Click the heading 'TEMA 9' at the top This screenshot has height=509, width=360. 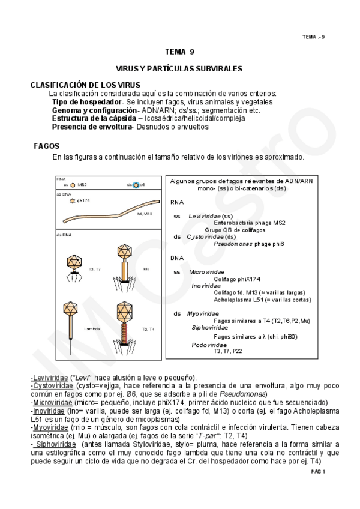coord(179,52)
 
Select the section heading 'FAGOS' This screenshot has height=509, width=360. coord(47,146)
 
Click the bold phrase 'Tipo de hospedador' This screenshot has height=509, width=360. coord(86,102)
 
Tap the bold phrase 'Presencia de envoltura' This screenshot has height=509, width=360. coord(91,127)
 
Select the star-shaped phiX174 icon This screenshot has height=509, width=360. coord(73,200)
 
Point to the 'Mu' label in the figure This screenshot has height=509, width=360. coord(146,269)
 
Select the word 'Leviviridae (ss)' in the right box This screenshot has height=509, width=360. coord(210,215)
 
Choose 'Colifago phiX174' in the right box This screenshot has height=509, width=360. coord(236,279)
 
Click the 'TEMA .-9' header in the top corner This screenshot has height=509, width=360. coord(313,37)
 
